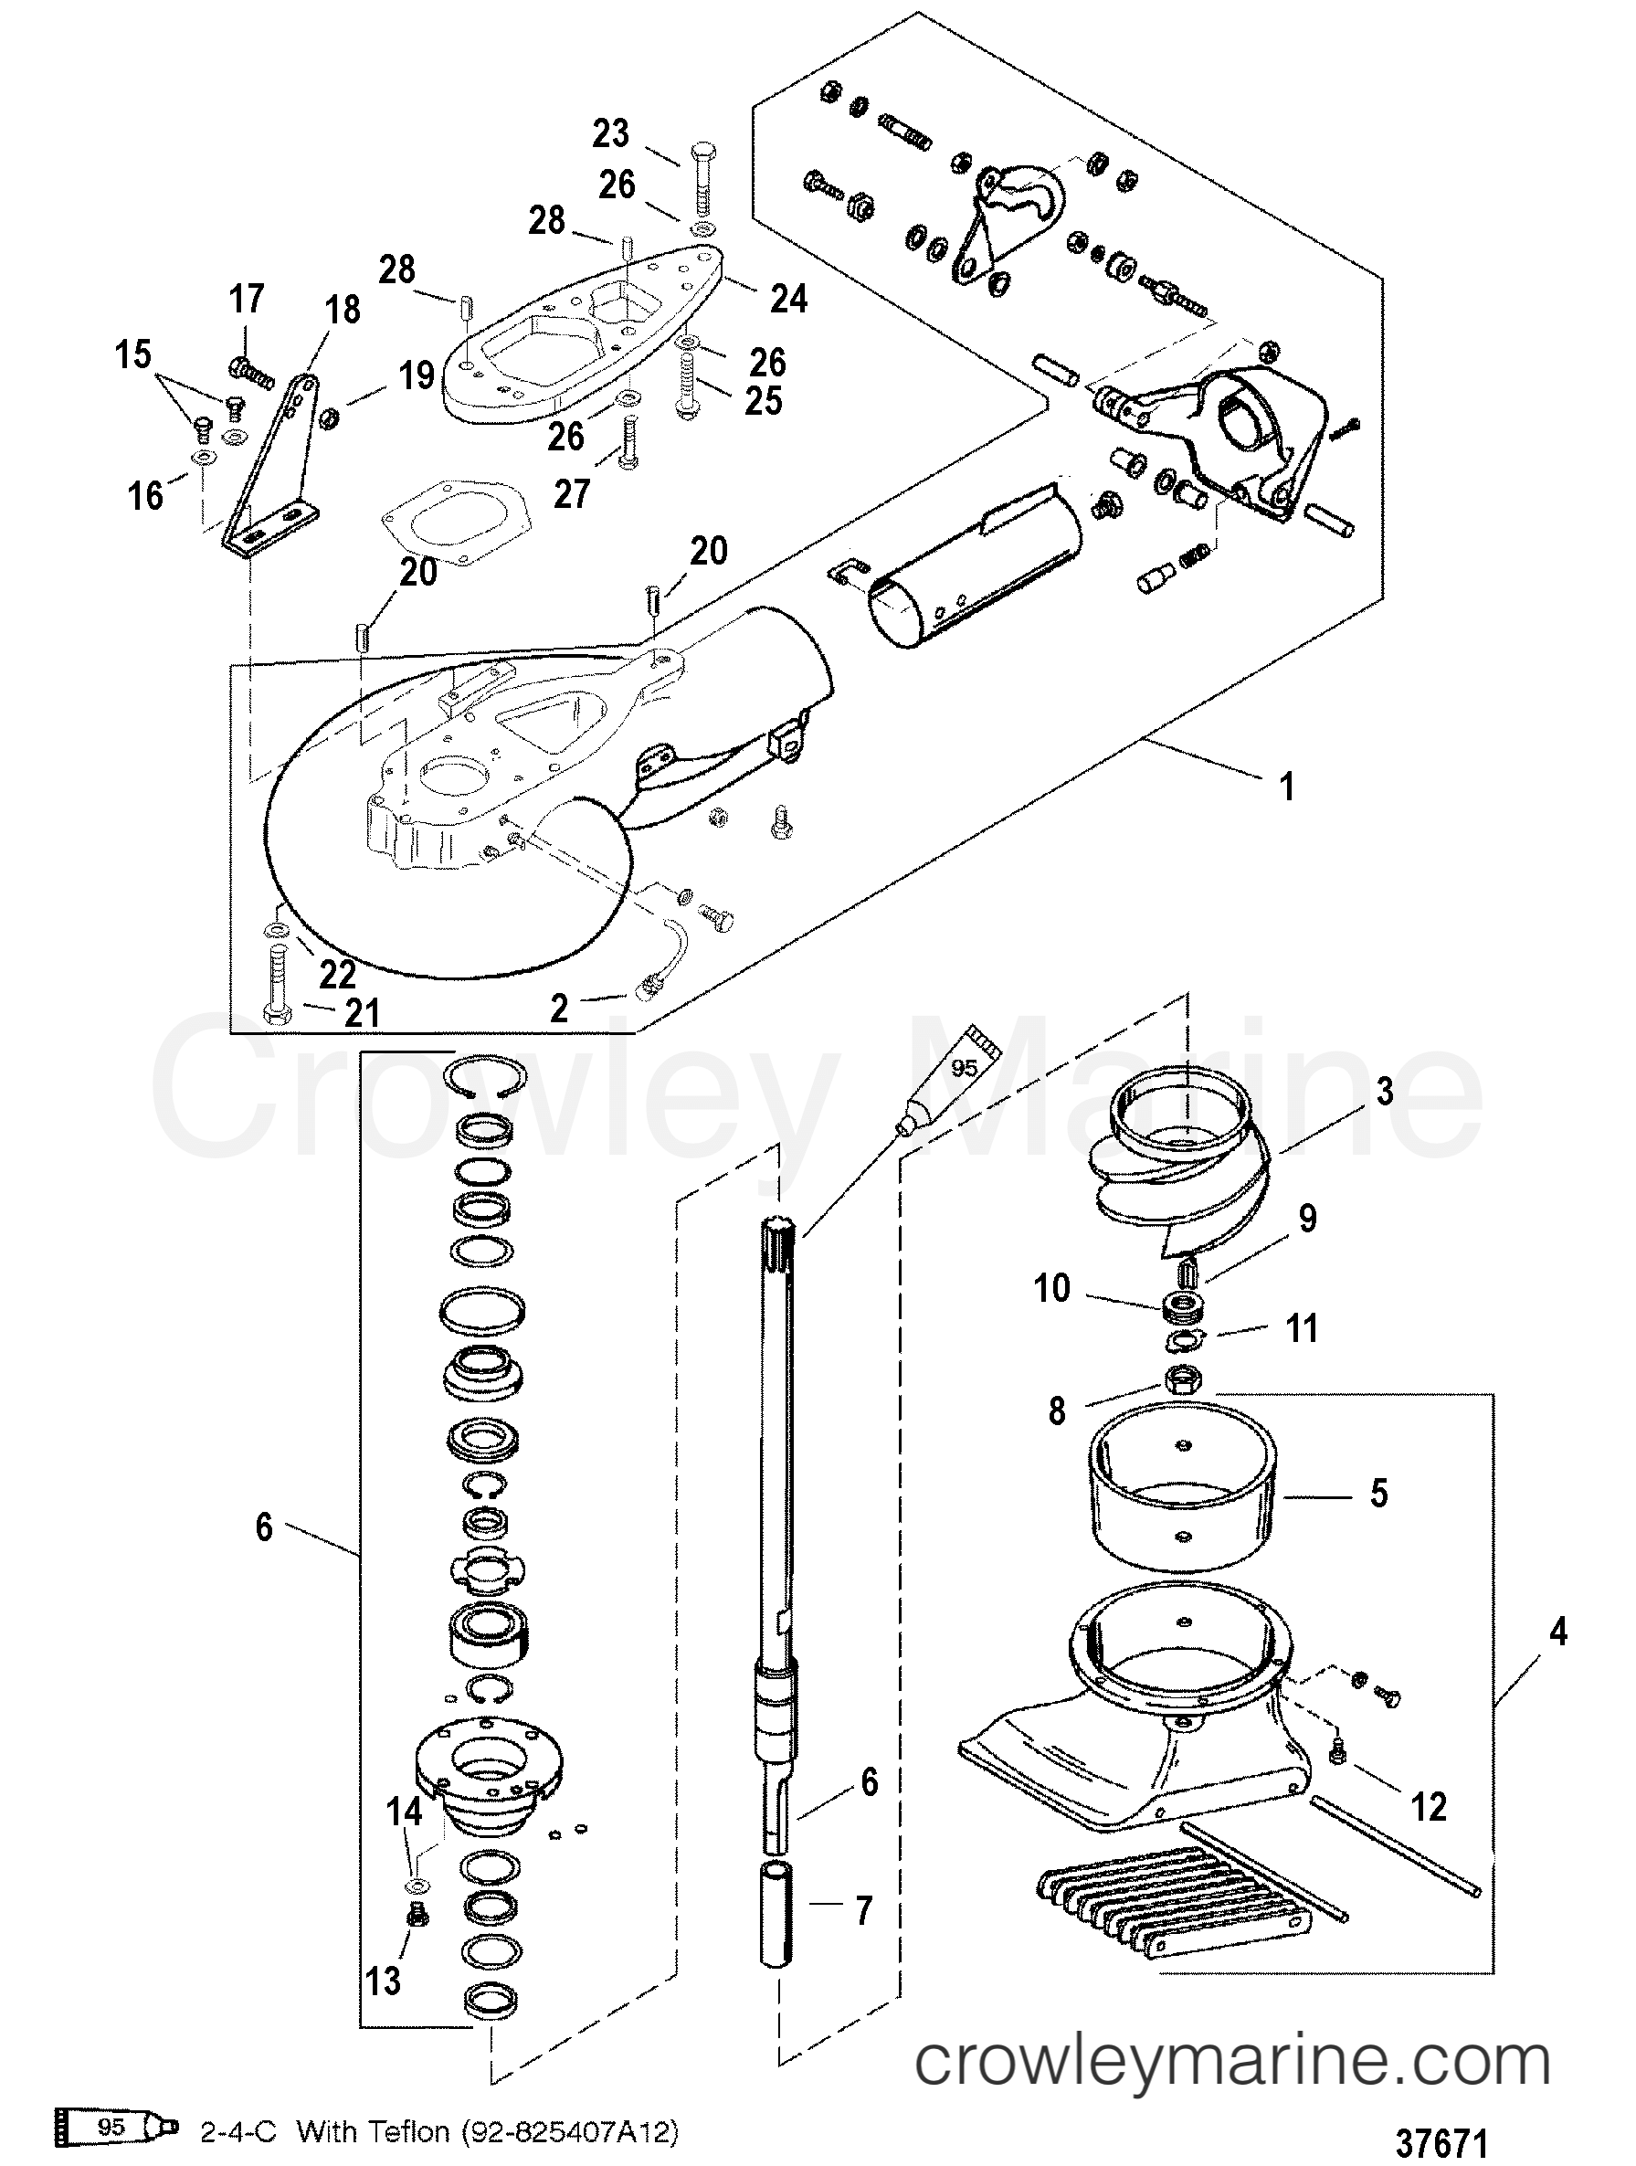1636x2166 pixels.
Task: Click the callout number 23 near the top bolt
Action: point(610,133)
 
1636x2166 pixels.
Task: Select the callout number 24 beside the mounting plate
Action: point(788,298)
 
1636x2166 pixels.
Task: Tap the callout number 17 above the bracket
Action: point(247,298)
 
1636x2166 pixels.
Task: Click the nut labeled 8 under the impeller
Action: point(1177,1381)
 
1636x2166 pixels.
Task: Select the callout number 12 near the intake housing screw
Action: point(1428,1807)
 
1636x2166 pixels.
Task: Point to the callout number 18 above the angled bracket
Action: point(342,311)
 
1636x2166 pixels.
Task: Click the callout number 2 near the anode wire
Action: point(558,1008)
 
